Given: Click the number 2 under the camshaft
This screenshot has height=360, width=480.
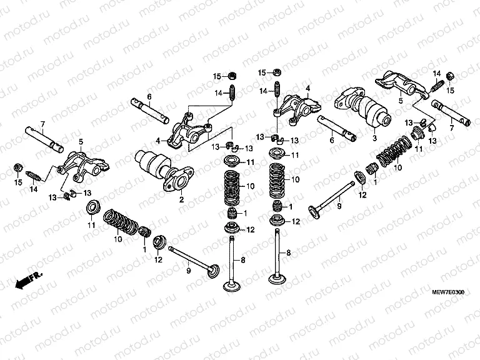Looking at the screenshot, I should (181, 200).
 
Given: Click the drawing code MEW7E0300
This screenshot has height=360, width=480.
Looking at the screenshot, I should (449, 292).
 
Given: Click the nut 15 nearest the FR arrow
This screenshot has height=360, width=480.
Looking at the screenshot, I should (18, 169).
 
